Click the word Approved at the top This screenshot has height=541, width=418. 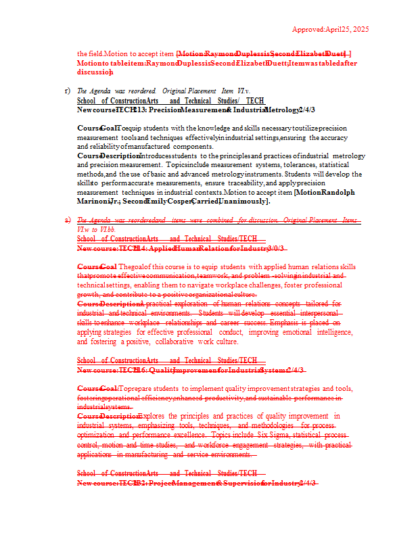point(308,29)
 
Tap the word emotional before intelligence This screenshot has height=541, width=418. point(279,332)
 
